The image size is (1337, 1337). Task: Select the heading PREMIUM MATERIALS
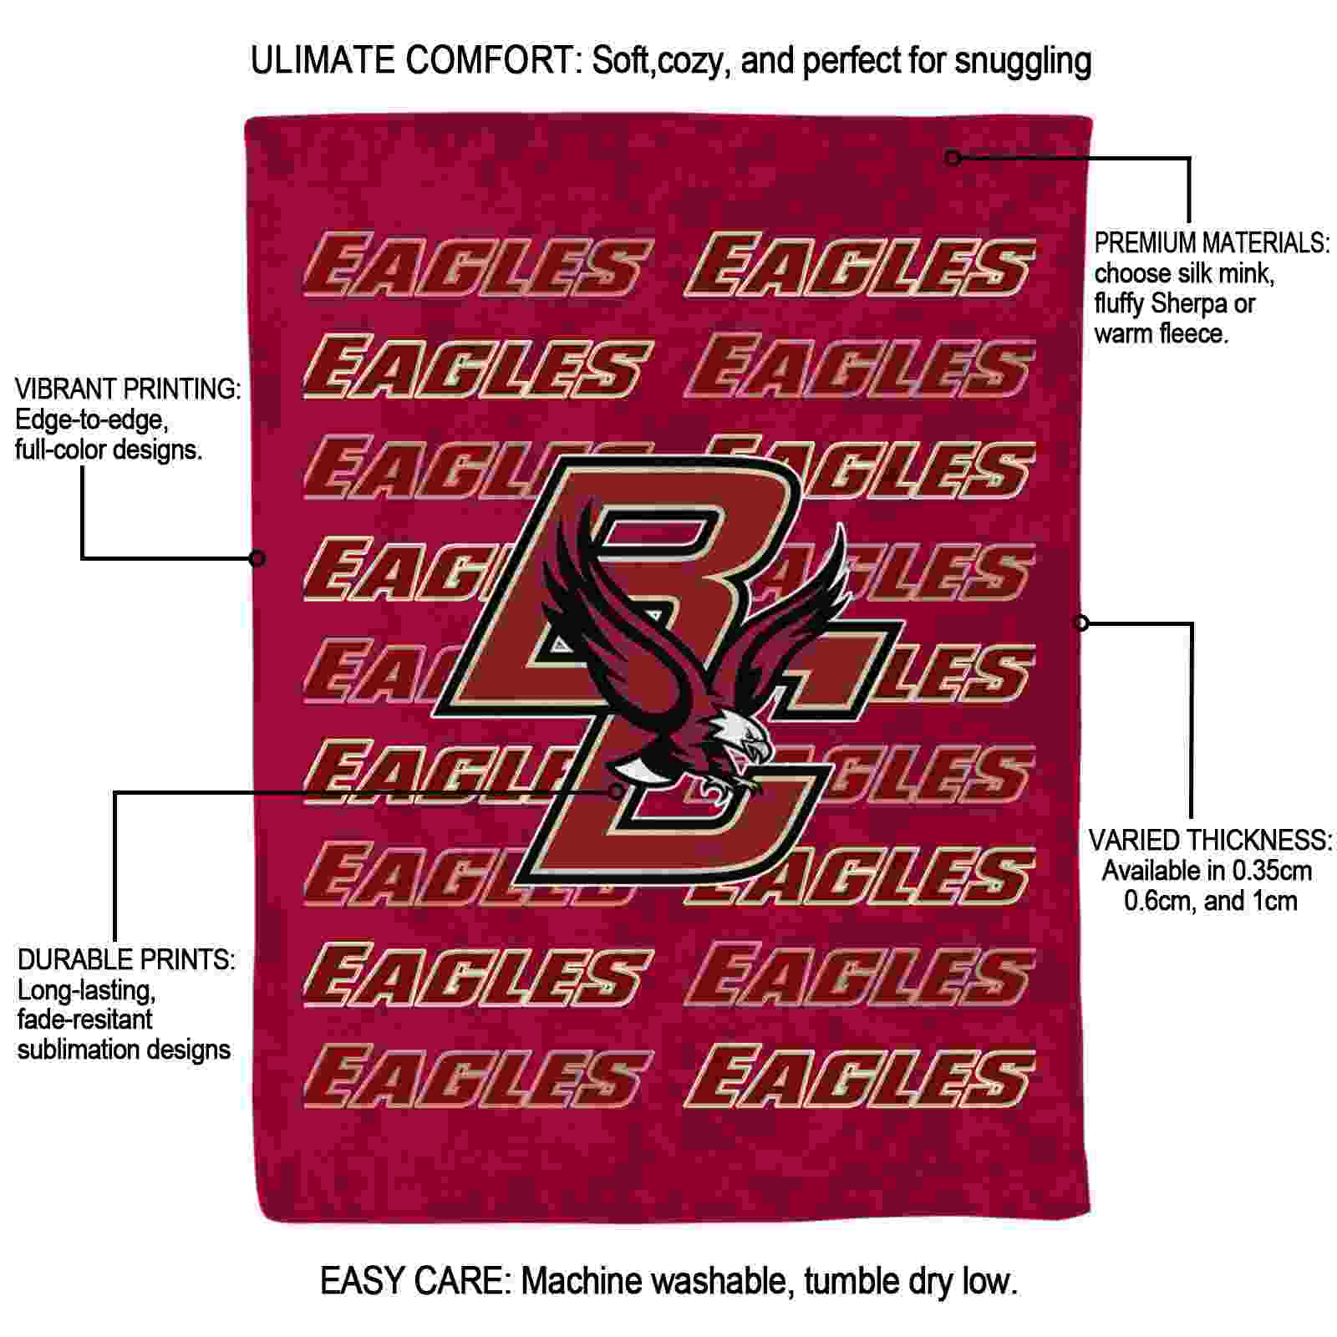click(x=1212, y=243)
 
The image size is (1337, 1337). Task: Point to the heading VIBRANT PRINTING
click(x=128, y=389)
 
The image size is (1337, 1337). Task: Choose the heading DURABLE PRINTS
click(x=126, y=959)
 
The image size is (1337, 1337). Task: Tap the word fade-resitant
click(x=85, y=1019)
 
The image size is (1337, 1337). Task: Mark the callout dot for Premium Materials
click(x=953, y=157)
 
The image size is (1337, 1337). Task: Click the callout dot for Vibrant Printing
click(x=258, y=557)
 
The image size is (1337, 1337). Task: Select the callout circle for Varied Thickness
click(x=1081, y=623)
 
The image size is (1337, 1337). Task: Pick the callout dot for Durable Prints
click(x=616, y=791)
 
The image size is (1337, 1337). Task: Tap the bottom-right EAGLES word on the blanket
click(x=859, y=1076)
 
